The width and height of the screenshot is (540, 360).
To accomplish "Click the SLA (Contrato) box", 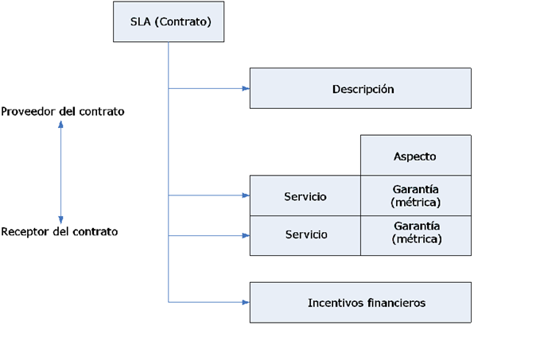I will coord(168,21).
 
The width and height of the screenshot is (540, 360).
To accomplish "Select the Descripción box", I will coord(360,88).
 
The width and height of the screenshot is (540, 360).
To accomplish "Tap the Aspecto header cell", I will coord(415,156).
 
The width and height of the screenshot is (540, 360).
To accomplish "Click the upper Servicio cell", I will coord(305,195).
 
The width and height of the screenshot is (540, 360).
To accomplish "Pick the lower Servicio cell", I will coord(305,235).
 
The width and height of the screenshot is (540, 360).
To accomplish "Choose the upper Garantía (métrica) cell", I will coord(415,195).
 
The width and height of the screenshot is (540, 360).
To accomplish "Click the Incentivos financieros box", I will coord(360,302).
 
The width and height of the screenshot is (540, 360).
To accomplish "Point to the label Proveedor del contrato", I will coord(63,111).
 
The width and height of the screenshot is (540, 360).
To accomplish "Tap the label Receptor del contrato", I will coord(60,231).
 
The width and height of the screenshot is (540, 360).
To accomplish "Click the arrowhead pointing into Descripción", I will coord(245,88).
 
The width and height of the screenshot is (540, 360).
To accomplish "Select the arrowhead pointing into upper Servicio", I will coord(245,195).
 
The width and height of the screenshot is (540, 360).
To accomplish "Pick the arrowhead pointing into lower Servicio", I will coord(245,235).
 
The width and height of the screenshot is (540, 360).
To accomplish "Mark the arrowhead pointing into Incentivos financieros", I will coord(245,302).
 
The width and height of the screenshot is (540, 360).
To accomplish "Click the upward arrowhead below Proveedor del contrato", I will coord(61,126).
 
